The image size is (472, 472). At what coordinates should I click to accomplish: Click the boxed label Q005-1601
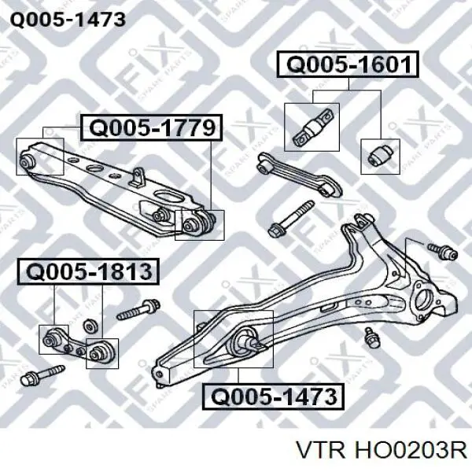coord(348,65)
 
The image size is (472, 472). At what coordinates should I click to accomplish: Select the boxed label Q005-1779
coord(151,127)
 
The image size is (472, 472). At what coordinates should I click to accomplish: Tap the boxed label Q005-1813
coord(88,272)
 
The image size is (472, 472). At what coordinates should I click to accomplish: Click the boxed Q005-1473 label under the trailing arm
coord(273,396)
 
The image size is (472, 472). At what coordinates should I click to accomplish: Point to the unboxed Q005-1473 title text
coord(68,20)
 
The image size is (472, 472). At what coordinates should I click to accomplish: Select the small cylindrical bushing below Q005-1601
coord(381,155)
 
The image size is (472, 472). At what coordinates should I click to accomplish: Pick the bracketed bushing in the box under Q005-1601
coord(312,127)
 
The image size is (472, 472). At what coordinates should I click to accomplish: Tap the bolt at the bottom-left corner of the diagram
coord(42,375)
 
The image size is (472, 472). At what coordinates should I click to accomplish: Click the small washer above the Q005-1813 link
coord(90,326)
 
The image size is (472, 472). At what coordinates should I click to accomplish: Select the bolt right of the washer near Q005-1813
coord(138,308)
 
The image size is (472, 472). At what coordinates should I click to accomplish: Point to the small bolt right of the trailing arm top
coord(442,251)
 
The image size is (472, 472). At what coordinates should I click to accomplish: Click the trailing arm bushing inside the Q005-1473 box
coord(245,341)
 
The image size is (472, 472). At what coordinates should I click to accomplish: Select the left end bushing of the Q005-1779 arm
coord(27,161)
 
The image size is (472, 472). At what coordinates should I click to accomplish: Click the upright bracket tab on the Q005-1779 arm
coord(137,177)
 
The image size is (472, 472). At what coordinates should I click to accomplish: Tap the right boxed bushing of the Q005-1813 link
coord(100,352)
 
